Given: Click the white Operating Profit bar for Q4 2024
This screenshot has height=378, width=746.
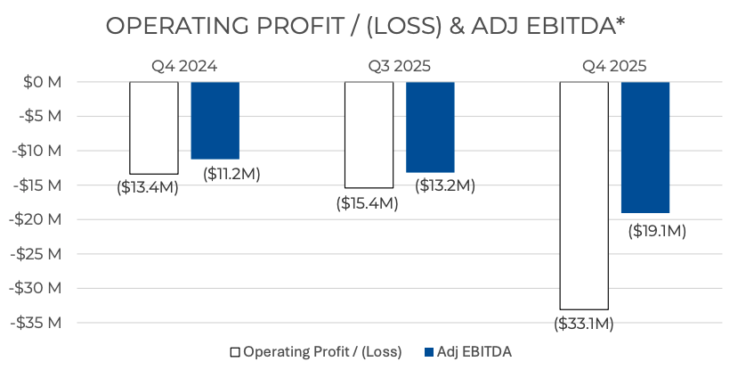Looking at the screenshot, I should point(154,127).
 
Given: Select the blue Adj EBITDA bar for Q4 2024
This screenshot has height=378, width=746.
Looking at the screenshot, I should point(215,120).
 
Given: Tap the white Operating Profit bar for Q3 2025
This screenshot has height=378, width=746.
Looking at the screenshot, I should point(369,135).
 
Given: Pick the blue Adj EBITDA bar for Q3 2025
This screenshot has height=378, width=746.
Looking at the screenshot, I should point(430,127).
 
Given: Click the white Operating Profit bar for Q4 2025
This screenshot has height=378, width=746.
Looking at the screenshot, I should point(584,195).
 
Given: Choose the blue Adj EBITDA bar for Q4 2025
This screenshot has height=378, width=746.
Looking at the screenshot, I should point(645,147).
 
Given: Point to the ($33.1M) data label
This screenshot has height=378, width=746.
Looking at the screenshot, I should point(584,323).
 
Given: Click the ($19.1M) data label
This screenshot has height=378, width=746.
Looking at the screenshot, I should point(657,231).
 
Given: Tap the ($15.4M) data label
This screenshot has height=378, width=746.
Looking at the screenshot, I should point(367,203).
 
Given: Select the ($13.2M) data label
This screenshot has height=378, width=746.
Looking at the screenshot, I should point(446,185).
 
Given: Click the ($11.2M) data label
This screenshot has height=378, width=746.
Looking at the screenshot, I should point(231,173).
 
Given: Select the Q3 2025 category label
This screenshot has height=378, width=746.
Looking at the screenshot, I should point(400,65).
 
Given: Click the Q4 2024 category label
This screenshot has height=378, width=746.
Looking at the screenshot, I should point(184,65).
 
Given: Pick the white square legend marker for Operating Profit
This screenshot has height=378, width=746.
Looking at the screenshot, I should point(235,352).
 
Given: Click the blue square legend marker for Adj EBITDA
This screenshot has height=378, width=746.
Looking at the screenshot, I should point(430,352).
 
